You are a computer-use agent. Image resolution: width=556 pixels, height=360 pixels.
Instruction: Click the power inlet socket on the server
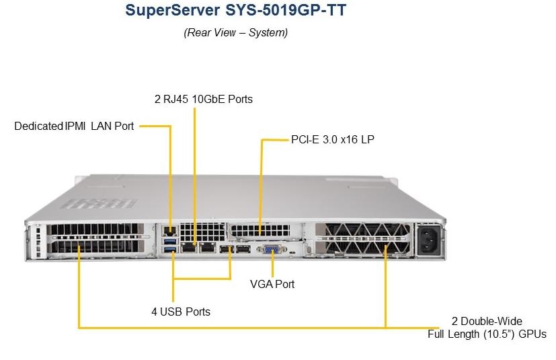(x=429, y=240)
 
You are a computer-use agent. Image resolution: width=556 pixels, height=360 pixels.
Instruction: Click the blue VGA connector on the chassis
(x=272, y=249)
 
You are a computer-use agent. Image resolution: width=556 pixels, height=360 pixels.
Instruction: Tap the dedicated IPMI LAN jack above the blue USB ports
(x=170, y=231)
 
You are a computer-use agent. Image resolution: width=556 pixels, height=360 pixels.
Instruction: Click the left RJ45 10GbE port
(x=189, y=247)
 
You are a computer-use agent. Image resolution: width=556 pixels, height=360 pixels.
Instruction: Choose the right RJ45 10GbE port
(x=208, y=247)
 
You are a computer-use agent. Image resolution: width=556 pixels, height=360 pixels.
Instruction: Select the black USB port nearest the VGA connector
(x=243, y=249)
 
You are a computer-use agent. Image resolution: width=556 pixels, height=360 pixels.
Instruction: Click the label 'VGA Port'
(x=272, y=284)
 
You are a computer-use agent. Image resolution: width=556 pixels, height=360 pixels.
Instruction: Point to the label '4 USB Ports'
(x=181, y=312)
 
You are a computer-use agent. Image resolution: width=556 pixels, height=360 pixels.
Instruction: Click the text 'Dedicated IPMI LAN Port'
(x=74, y=126)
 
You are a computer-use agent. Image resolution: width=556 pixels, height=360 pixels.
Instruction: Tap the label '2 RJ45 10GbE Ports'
(x=204, y=99)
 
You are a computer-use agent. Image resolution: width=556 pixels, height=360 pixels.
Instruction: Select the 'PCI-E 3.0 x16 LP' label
(x=333, y=139)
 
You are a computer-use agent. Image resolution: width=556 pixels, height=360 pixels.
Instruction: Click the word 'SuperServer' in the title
(x=172, y=10)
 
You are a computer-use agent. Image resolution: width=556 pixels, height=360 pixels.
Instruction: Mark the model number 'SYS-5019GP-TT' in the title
(x=286, y=10)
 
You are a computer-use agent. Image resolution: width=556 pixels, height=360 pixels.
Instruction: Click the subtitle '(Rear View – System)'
(x=236, y=33)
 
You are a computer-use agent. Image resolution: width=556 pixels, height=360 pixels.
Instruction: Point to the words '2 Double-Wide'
(x=487, y=321)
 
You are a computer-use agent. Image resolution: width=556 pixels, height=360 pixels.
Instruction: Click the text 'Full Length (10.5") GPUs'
(x=487, y=334)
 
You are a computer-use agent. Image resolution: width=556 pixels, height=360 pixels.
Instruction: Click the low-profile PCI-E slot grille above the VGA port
(x=260, y=231)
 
